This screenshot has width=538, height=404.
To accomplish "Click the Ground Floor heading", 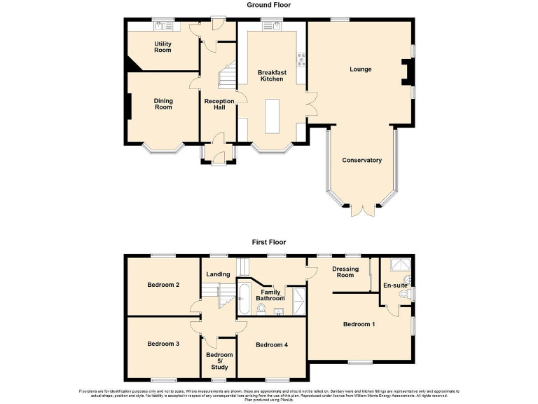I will [x=269, y=5].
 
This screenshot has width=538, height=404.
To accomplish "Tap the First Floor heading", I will [x=269, y=242].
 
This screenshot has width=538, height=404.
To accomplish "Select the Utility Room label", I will [x=163, y=46].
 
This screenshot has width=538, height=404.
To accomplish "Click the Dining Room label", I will [x=163, y=104].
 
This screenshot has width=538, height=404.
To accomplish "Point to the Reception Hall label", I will [x=219, y=105].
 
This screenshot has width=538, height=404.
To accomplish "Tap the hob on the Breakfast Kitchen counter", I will [x=302, y=60].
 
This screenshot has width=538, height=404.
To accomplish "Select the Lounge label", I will [x=361, y=69].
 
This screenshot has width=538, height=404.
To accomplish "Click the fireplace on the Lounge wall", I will [x=407, y=72].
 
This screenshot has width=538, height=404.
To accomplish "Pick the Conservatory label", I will [x=361, y=160].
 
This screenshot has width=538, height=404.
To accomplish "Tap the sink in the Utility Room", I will [x=163, y=26].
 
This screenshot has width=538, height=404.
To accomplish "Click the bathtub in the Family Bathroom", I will [x=243, y=298].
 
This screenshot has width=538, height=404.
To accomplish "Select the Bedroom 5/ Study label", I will [x=219, y=359].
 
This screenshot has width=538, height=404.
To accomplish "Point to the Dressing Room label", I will [x=345, y=272].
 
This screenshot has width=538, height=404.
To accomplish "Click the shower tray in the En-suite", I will [x=398, y=265].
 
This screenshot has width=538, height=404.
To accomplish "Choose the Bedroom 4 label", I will [x=271, y=344].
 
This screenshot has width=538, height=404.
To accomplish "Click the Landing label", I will [x=218, y=275].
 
